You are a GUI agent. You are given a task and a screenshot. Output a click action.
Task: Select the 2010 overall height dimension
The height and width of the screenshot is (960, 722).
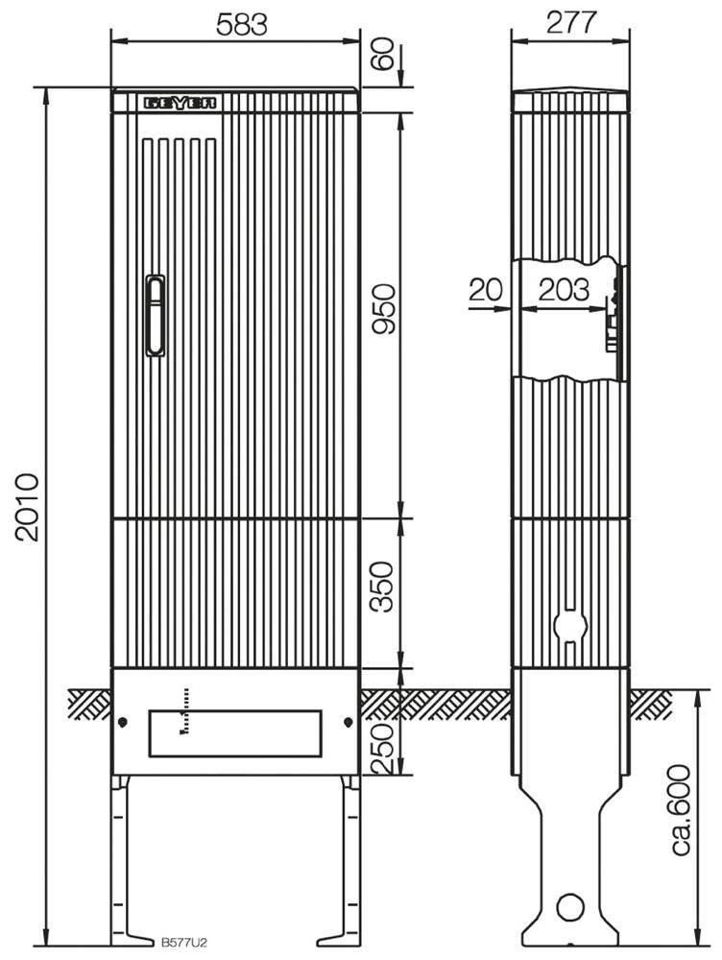coord(28,506)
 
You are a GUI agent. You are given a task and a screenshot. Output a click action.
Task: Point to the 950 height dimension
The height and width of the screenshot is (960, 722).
coord(385,308)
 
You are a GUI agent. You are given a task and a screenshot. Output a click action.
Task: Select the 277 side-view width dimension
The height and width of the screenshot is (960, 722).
coord(570,23)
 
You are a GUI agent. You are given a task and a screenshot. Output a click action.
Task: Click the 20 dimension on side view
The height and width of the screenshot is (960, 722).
coord(486,290)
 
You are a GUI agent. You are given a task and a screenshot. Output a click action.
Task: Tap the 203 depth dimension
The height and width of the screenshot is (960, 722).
coord(564,290)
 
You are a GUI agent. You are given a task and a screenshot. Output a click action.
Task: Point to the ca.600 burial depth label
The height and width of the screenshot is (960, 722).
coord(681,808)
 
